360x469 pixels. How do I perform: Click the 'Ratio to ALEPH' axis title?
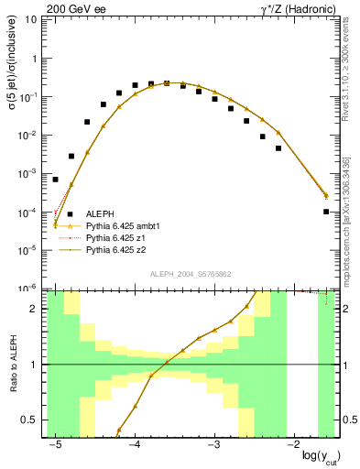(13, 365)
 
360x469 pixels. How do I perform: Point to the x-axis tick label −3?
(213, 445)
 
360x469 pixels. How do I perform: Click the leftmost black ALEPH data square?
(55, 180)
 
